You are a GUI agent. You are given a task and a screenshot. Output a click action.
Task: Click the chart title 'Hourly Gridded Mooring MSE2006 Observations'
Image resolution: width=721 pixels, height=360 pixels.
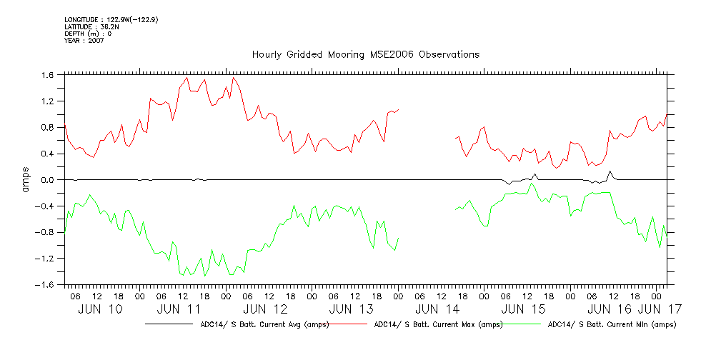[x=365, y=55]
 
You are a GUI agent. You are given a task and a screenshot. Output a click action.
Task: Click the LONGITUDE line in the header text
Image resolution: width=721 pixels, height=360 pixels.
[x=111, y=19]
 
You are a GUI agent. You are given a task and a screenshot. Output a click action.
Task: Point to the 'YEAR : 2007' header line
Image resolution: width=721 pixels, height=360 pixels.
[x=84, y=41]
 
